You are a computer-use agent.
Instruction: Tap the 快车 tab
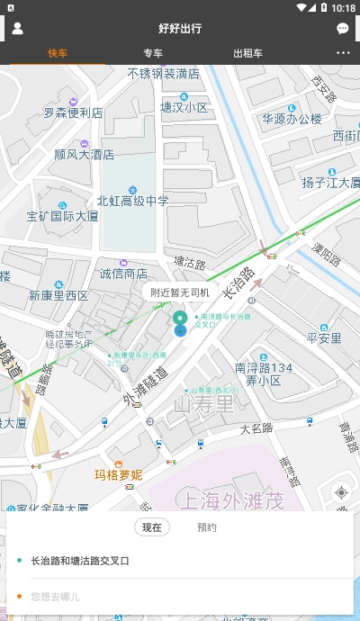click(58, 52)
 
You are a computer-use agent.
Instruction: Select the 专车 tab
click(153, 52)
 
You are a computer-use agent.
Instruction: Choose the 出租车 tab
click(247, 52)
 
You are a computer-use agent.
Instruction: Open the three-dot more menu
click(343, 52)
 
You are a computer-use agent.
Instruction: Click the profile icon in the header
click(17, 28)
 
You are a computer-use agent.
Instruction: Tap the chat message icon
click(343, 29)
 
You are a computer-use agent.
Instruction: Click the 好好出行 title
click(180, 29)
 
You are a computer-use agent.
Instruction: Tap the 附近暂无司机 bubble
click(180, 292)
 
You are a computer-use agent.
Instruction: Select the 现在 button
click(152, 527)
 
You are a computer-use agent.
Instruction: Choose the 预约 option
click(207, 527)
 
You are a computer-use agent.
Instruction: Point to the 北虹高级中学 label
click(132, 201)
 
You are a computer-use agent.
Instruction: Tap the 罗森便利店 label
click(74, 113)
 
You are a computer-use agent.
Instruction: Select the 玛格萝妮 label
click(119, 474)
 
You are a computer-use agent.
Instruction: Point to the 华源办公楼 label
click(292, 118)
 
